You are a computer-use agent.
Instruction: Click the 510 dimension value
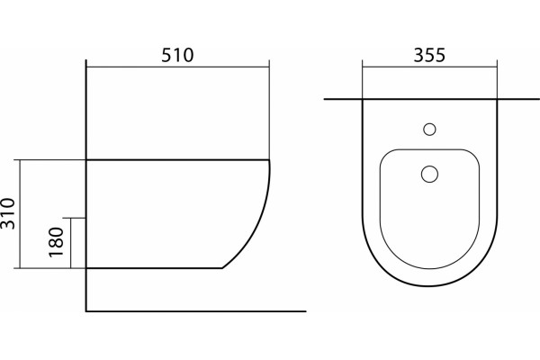coord(177,55)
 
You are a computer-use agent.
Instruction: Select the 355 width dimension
coord(429,55)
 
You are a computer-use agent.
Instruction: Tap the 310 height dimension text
coord(8,213)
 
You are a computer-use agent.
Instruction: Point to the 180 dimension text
coord(56,242)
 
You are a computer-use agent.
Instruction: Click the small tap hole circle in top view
coord(429,130)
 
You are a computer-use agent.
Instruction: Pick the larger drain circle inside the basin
coord(429,174)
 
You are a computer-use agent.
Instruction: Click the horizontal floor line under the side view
coord(196,311)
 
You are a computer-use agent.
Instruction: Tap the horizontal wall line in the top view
coord(432,99)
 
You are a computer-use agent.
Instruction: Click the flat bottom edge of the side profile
coord(154,267)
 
